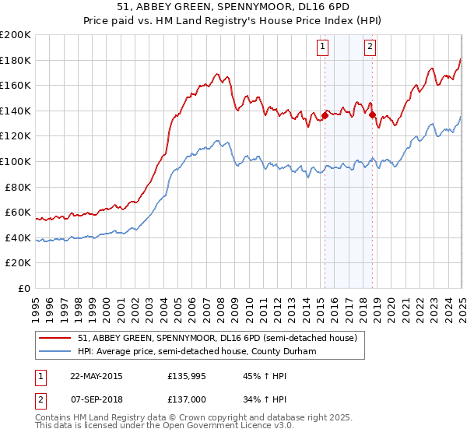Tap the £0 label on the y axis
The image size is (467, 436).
coord(26,288)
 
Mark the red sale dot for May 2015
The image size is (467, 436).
coord(325,116)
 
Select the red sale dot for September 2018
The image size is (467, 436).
coord(372,115)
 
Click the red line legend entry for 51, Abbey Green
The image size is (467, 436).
coord(217,338)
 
